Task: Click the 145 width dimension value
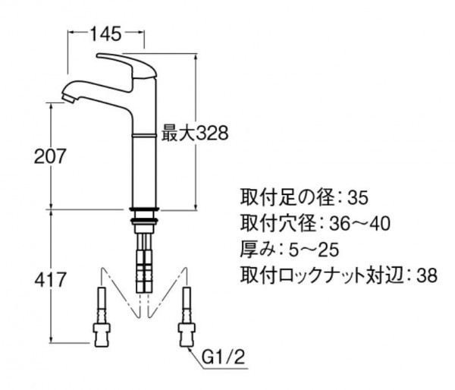[x=105, y=33]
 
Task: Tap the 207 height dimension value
[x=50, y=156]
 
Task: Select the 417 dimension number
[x=50, y=280]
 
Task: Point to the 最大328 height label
[x=195, y=134]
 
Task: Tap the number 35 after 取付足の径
[x=358, y=198]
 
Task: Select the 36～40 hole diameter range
[x=359, y=224]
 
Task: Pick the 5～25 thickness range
[x=314, y=250]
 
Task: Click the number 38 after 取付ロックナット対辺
[x=427, y=275]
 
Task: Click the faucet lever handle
[x=127, y=65]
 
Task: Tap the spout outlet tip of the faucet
[x=68, y=98]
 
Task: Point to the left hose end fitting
[x=102, y=335]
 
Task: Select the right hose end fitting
[x=187, y=335]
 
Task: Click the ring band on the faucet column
[x=144, y=135]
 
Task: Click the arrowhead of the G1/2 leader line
[x=190, y=351]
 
